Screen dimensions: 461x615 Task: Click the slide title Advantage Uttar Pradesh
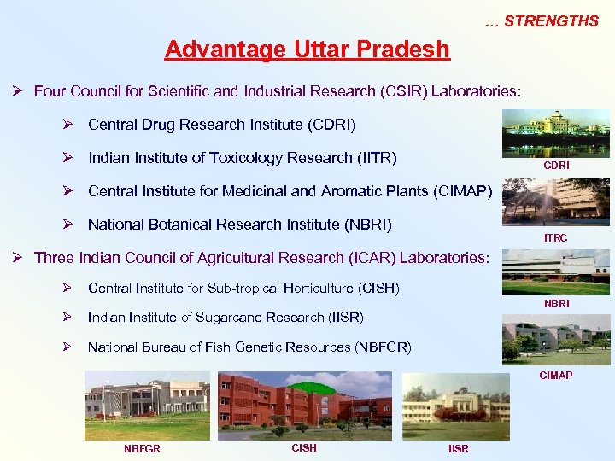307,50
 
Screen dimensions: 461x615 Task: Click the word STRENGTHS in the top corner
551,21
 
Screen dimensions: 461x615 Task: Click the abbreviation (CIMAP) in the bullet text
462,191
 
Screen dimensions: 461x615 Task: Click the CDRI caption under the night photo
556,165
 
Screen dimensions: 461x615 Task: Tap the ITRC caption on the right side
555,238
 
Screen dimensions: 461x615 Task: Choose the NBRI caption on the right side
556,303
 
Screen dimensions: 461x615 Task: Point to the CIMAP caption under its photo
555,375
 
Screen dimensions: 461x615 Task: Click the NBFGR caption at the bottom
142,449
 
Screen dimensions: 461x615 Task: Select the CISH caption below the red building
303,447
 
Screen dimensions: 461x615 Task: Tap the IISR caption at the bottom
458,449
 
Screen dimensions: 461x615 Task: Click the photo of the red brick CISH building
304,405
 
